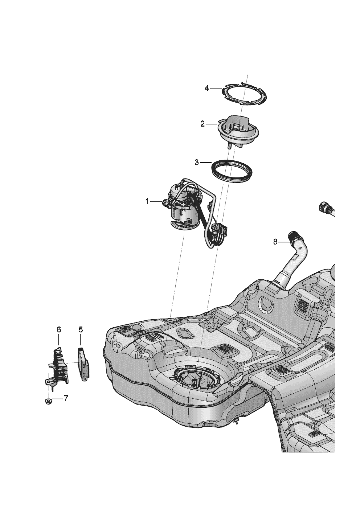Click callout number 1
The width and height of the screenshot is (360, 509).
click(x=147, y=201)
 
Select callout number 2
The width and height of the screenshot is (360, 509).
click(x=202, y=124)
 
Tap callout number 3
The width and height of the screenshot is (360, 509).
click(x=197, y=162)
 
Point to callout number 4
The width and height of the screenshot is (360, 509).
click(x=207, y=88)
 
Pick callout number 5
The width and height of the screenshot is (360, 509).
click(x=81, y=329)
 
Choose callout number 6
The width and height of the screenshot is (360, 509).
click(x=59, y=329)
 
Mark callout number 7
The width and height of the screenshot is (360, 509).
click(x=66, y=398)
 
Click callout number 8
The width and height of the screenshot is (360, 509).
click(x=275, y=242)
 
